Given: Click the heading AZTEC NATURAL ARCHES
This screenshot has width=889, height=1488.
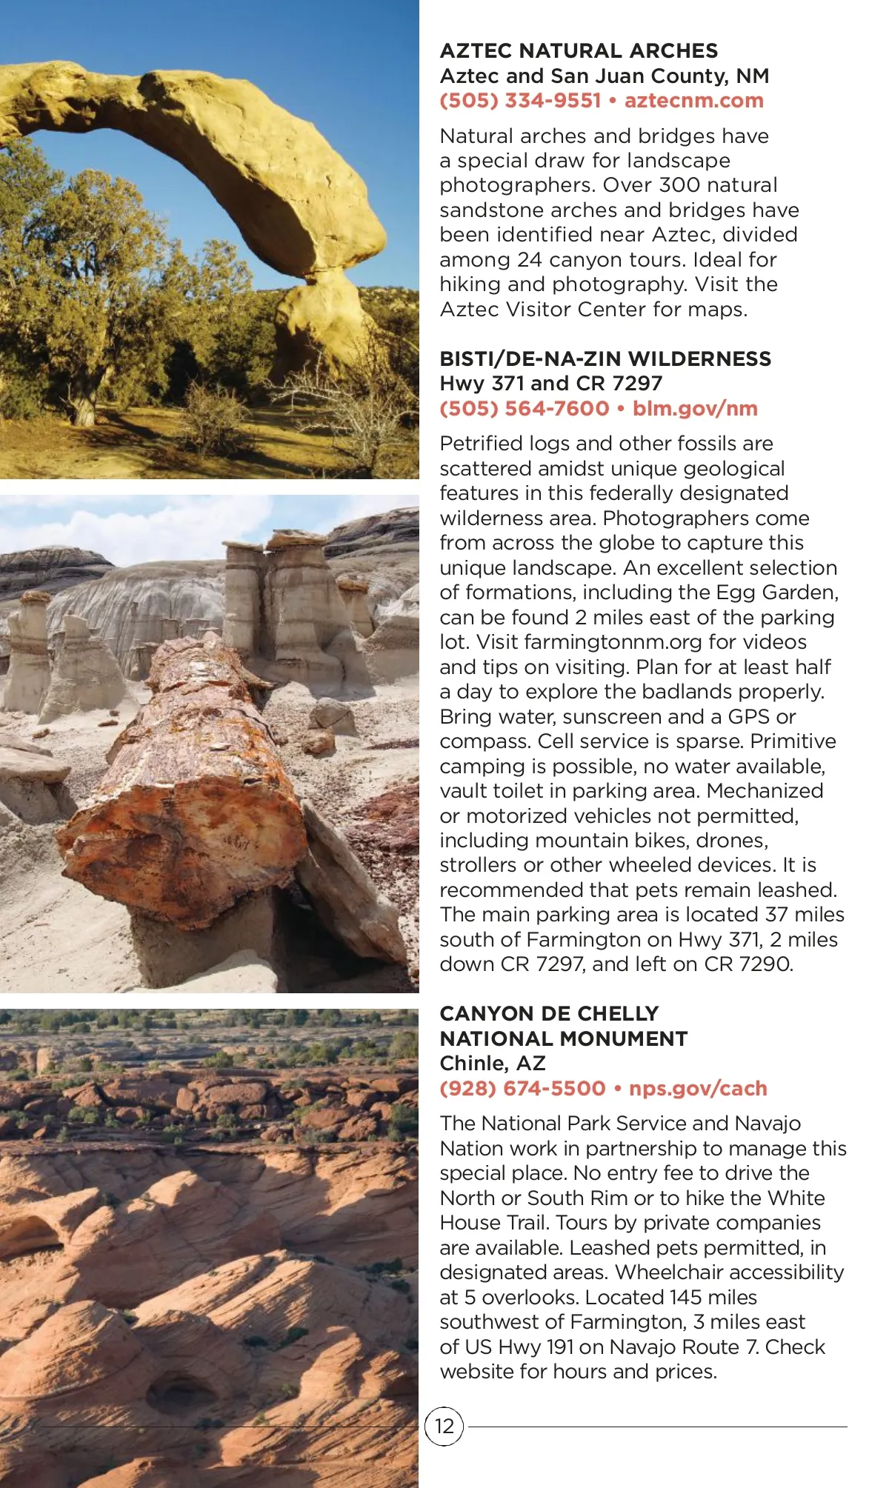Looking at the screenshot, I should click(x=579, y=50).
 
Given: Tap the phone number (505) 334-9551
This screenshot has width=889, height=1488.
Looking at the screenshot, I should click(x=520, y=101).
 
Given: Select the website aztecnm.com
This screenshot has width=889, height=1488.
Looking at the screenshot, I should click(x=693, y=101).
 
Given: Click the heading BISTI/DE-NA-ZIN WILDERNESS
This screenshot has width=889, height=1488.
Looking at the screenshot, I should click(x=605, y=358).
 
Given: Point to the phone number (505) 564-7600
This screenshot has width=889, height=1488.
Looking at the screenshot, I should click(x=524, y=408).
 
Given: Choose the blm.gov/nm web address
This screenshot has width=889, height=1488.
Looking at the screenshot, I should click(x=695, y=408).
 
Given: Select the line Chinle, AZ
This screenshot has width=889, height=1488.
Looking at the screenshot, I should click(x=493, y=1063).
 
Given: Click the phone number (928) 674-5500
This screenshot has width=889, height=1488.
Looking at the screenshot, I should click(x=522, y=1088).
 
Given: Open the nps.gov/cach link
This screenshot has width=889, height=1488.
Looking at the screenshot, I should click(x=698, y=1088).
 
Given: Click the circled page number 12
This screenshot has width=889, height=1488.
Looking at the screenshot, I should click(x=444, y=1426).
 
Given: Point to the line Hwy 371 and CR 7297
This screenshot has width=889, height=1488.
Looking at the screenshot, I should click(x=550, y=383).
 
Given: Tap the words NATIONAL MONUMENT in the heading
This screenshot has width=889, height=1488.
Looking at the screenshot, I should click(x=563, y=1038).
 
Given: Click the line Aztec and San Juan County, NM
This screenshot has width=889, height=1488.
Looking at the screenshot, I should click(x=604, y=76).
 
